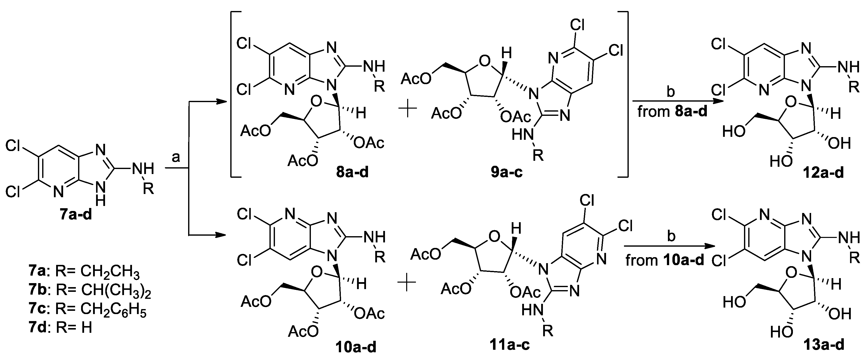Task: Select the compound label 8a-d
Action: point(352,172)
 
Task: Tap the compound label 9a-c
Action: point(506,172)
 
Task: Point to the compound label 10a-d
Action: point(356,347)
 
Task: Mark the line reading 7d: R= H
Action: point(61,327)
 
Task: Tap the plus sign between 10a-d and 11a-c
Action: point(407,284)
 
